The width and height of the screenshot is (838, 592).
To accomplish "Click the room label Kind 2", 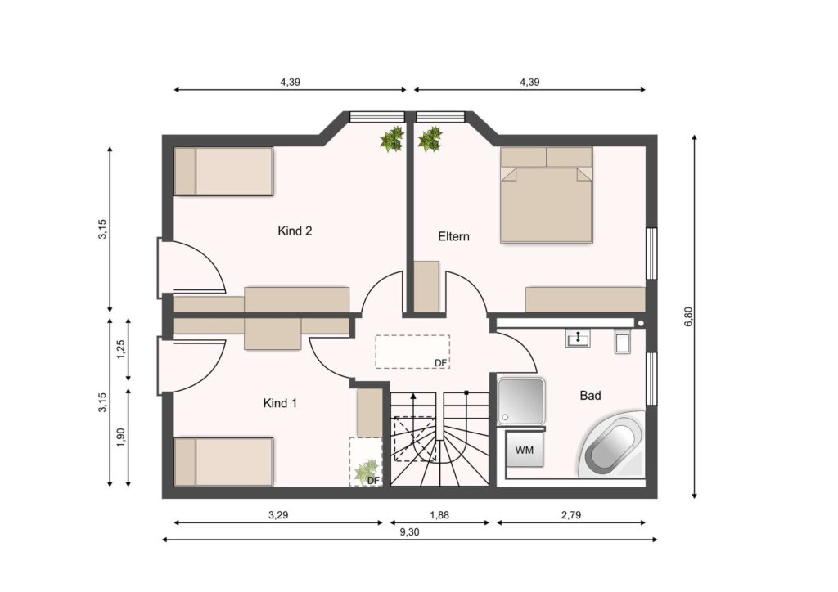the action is (295, 231).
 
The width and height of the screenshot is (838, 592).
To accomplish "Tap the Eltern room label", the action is (453, 236).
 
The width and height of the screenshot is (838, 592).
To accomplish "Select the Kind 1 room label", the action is (280, 403).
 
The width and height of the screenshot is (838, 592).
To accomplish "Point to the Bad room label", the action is (591, 396).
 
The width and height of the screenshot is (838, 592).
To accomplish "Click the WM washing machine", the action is (524, 449).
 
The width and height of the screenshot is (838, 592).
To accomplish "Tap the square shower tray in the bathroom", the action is (521, 401).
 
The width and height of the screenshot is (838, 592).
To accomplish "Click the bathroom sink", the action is (579, 338).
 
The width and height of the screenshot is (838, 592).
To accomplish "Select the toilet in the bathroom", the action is (623, 341).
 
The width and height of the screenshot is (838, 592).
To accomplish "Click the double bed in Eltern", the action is (547, 195).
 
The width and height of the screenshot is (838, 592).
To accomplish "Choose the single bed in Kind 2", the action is (224, 172).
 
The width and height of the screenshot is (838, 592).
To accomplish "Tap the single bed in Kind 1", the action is (224, 462).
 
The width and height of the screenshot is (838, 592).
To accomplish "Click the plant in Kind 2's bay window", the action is (392, 139).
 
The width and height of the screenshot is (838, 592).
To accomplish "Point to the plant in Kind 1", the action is (367, 471).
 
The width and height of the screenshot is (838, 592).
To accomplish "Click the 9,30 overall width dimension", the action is (409, 532).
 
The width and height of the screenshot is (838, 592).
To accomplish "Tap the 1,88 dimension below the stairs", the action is (439, 515).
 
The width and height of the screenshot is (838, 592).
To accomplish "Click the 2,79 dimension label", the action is (571, 515).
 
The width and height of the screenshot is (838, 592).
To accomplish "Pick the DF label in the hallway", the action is (440, 363).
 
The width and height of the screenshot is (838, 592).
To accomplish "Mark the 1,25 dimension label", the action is (120, 350).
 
